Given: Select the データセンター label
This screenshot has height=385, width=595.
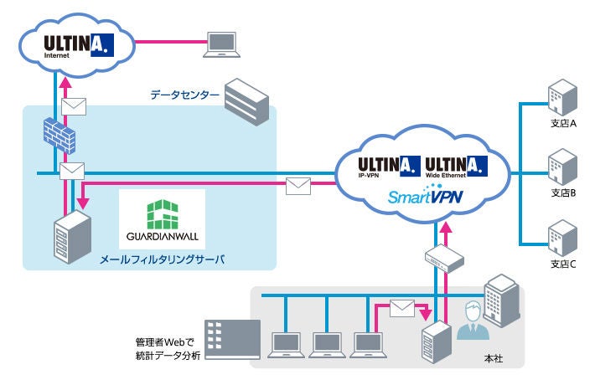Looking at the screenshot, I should coord(184,95).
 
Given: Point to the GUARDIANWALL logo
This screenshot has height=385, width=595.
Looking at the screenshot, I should coord(162,219).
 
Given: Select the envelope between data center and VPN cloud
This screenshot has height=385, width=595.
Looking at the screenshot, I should coord(298,184).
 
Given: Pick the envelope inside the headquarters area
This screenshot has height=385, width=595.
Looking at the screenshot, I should coord(402,308).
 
